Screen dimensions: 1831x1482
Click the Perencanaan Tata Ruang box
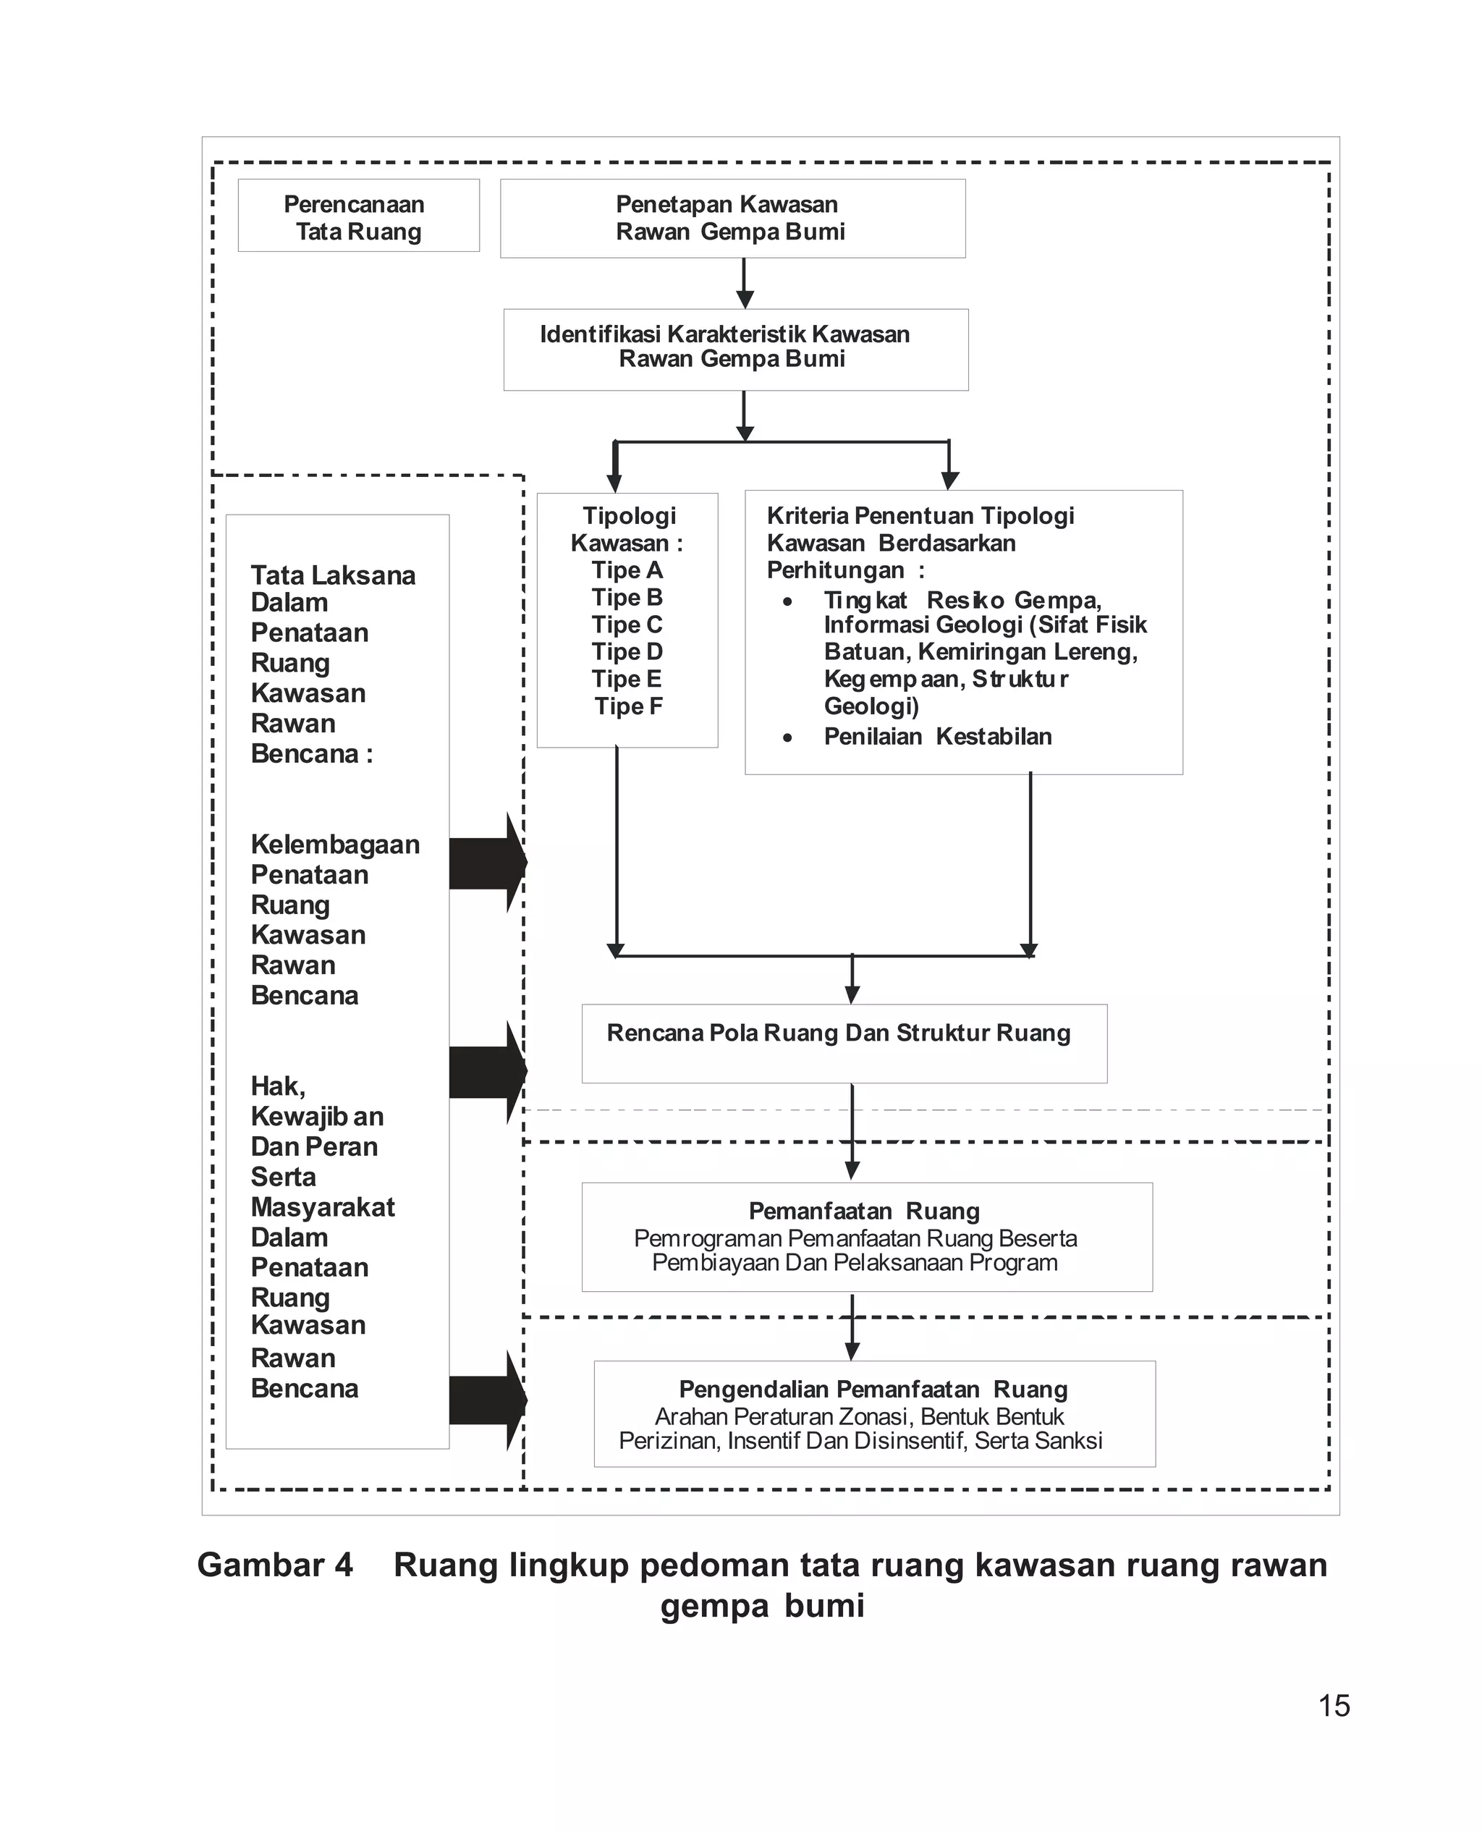coord(357,216)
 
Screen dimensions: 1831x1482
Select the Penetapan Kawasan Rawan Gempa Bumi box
coord(732,219)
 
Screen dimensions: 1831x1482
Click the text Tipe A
coord(627,570)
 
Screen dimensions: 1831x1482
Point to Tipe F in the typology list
coord(628,707)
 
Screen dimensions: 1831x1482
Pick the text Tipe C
coord(627,625)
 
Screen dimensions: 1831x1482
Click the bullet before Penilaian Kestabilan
coord(787,737)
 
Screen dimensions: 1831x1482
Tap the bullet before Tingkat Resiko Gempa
coord(787,602)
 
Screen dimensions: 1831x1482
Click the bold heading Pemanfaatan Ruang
coord(864,1211)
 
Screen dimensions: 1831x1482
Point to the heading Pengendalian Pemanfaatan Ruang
coord(873,1390)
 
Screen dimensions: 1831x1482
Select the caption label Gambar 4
coord(275,1565)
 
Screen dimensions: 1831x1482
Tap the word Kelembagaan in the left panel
coord(334,845)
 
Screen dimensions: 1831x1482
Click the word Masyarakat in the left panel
coord(323,1208)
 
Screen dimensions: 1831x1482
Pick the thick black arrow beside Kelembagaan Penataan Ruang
coord(486,863)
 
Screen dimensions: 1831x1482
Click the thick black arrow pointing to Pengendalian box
coord(486,1401)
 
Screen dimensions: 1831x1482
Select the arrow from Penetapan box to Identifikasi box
coord(745,284)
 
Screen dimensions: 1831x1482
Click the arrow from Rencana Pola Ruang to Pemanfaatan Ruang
coord(852,1132)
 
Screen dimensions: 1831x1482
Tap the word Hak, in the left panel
coord(277,1086)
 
